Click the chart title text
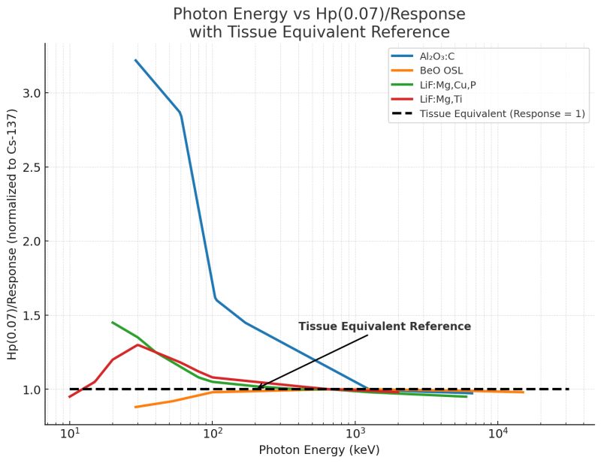coord(319,23)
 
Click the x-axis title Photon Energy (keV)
coord(319,450)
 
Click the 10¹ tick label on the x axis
coord(70,434)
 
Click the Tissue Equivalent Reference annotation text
coord(385,326)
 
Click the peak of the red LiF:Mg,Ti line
coord(137,345)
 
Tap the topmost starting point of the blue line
coord(135,60)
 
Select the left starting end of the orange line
coord(135,407)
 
